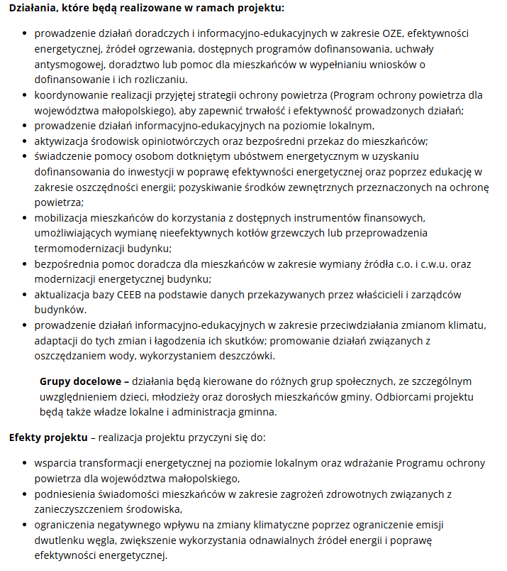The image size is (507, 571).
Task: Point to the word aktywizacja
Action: pos(61,141)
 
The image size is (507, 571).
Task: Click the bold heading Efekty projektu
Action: pos(48,437)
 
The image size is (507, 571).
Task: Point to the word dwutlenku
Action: pos(60,540)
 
